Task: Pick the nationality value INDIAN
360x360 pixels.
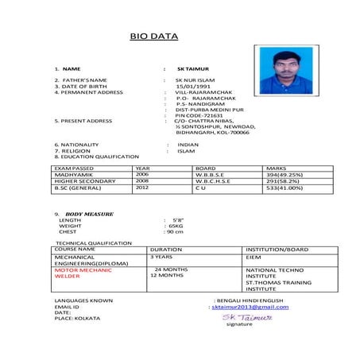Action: (188, 144)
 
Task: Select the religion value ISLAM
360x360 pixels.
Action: (186, 150)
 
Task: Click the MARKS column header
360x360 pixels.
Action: (276, 168)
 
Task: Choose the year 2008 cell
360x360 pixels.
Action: (142, 180)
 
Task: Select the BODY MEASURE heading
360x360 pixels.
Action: (89, 214)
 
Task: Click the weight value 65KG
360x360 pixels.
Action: (176, 226)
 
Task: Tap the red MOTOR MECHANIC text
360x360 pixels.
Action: (81, 270)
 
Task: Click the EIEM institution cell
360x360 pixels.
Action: (254, 257)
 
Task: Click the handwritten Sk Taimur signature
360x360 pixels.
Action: (248, 316)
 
